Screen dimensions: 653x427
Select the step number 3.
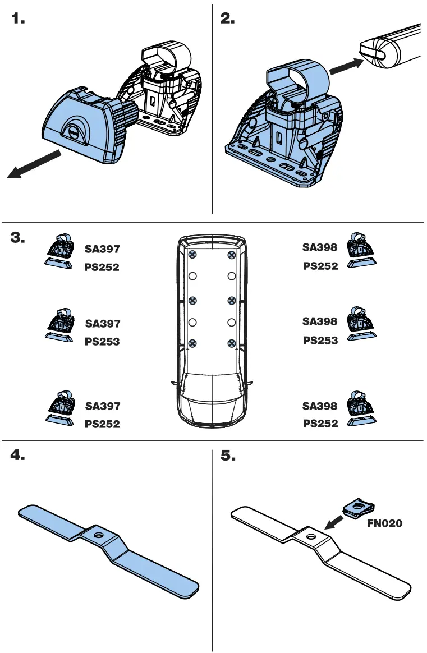click(18, 237)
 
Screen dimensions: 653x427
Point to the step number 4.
click(18, 456)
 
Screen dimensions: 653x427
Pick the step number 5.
click(228, 456)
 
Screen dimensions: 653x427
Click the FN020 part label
click(384, 523)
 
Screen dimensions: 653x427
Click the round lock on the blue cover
click(74, 131)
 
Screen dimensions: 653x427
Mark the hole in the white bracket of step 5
click(309, 536)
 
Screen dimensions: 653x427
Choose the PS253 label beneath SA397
click(102, 341)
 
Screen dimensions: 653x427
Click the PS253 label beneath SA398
click(320, 340)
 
